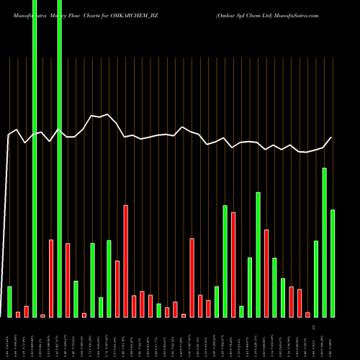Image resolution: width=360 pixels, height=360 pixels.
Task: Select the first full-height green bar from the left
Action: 35,158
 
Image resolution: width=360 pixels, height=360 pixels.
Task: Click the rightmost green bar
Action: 333,263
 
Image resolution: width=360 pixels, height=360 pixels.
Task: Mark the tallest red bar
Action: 126,261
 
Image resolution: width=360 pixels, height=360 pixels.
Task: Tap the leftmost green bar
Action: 10,302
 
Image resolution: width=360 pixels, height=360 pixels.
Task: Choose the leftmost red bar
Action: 18,314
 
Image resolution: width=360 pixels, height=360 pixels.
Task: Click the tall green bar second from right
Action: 324,242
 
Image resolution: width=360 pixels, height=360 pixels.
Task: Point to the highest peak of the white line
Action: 107,114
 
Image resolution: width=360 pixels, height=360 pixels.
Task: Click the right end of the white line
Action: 332,138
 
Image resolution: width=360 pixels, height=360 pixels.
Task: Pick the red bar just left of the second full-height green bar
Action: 51,278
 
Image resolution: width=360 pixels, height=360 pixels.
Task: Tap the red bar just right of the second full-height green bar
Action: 68,280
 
